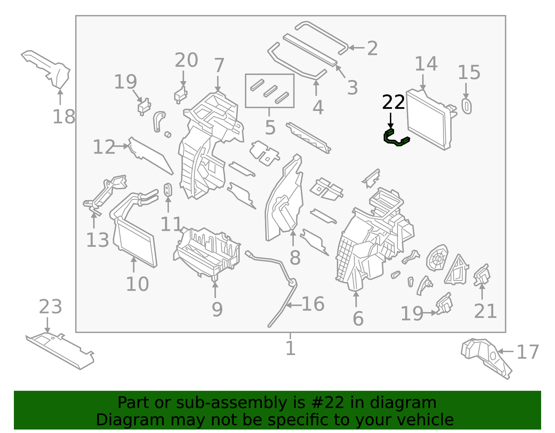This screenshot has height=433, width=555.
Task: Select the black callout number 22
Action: point(393,102)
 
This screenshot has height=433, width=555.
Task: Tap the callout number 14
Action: point(426,64)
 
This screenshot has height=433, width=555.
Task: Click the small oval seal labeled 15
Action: point(467,106)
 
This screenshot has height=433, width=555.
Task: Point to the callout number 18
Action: point(64,116)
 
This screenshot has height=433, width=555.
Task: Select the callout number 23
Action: point(50,307)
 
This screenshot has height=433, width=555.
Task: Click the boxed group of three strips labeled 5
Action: point(270,91)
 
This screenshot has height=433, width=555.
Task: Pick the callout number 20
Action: point(186,60)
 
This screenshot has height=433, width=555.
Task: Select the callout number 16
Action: point(313,304)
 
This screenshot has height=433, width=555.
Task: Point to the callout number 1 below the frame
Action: point(290,348)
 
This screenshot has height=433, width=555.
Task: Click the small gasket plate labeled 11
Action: point(168,190)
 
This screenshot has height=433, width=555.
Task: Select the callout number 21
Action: point(485,311)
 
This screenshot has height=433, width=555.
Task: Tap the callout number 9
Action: point(217,309)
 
